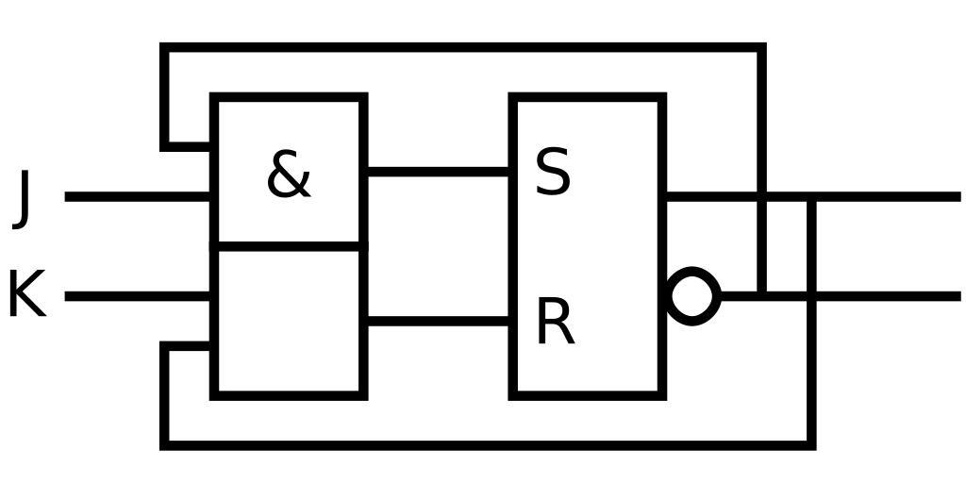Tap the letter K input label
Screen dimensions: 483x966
[26, 294]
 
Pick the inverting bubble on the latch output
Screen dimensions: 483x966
[693, 296]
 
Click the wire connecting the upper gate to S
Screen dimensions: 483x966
[438, 172]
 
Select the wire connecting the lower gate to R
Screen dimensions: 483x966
[438, 322]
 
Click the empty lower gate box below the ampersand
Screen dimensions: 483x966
[289, 321]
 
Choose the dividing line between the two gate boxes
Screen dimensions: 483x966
[289, 246]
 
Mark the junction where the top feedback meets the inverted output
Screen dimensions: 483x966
[762, 296]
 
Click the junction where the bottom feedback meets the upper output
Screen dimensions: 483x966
[811, 196]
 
